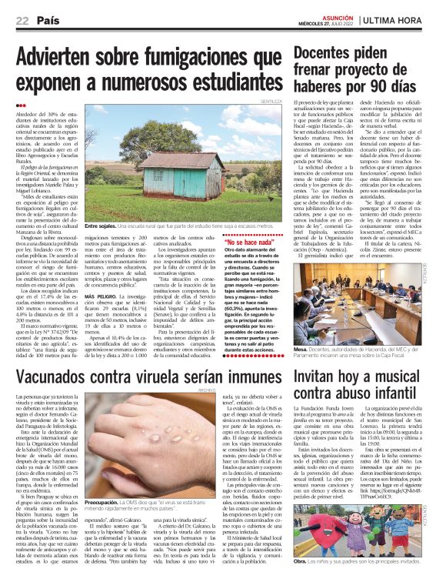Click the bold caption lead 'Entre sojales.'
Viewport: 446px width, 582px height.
(105, 204)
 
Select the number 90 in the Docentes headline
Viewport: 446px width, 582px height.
(377, 82)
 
